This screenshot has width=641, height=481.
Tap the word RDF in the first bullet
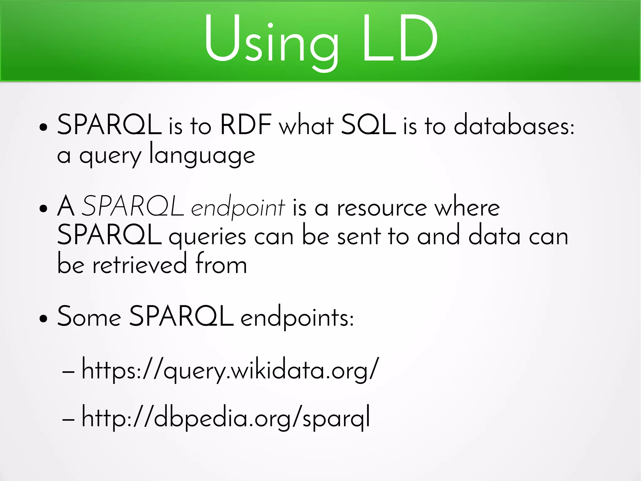[246, 125]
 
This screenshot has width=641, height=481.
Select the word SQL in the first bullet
[368, 125]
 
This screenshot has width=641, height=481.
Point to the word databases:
[514, 125]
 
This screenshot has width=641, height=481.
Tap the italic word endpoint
[238, 208]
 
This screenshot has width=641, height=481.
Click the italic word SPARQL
[133, 206]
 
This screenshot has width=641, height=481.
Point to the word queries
[207, 237]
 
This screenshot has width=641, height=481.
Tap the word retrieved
[140, 265]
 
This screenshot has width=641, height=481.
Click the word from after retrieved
[221, 264]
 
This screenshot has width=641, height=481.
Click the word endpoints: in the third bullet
[297, 318]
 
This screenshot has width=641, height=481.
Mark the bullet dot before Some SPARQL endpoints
[44, 319]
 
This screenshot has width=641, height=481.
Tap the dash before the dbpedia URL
[68, 419]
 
